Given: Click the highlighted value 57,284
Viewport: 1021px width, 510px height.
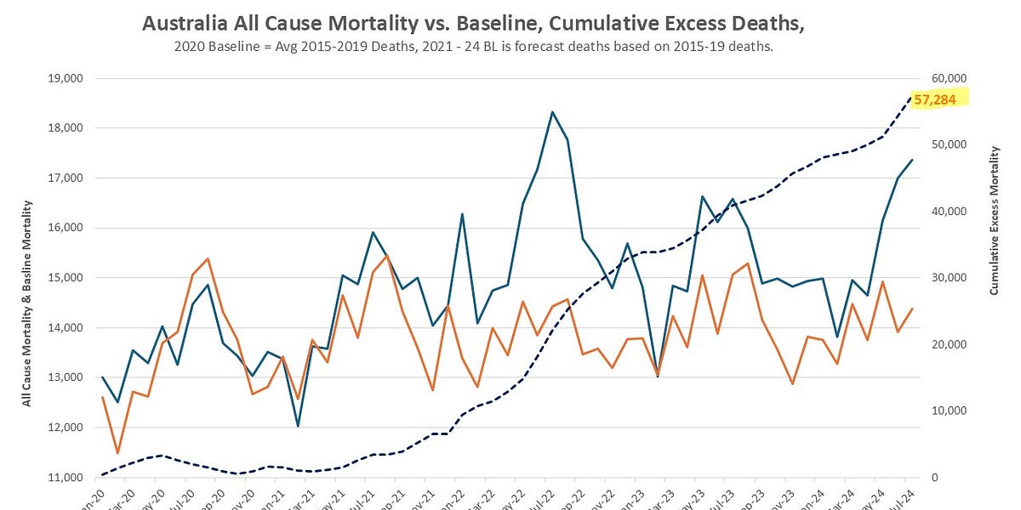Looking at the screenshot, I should point(934,100).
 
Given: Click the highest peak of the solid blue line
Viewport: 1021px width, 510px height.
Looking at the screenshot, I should point(553,112).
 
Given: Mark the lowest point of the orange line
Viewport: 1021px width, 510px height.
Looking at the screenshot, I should point(117,453).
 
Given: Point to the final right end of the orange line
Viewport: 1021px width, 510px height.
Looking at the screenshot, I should point(912,309).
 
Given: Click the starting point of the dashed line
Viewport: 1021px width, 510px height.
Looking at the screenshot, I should point(103,474).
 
